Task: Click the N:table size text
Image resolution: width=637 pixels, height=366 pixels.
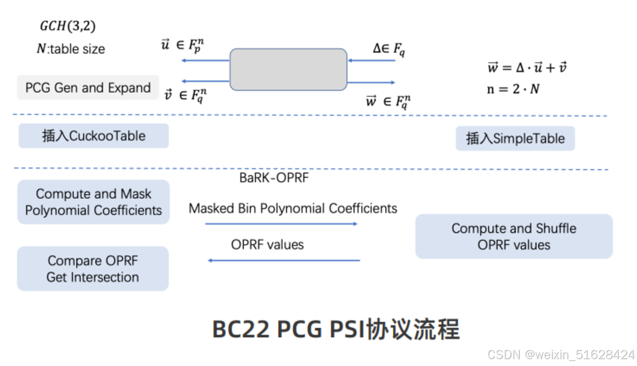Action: (71, 49)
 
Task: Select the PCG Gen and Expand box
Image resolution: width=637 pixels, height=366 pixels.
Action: (88, 88)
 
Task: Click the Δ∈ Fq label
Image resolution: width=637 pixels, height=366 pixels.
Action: (388, 49)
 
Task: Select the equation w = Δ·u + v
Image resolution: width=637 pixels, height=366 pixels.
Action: (527, 68)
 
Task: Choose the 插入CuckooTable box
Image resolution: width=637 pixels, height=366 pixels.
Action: (94, 136)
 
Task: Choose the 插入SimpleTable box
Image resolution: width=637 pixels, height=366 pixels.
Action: (515, 138)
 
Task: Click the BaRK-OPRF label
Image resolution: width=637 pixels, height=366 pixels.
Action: (274, 178)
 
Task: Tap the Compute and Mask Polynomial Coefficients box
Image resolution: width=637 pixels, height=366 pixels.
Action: (94, 202)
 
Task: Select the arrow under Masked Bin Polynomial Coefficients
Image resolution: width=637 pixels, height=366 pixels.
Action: (281, 224)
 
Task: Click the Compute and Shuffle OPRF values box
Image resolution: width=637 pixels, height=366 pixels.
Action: (513, 236)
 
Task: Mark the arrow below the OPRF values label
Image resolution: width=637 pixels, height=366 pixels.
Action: (283, 260)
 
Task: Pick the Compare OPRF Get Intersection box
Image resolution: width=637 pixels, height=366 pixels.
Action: (93, 269)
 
